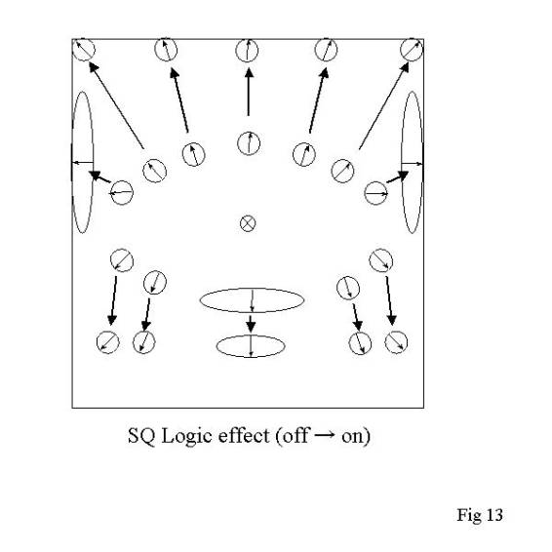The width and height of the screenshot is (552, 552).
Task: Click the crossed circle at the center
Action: pyautogui.click(x=248, y=223)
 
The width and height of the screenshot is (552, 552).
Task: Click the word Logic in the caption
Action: pyautogui.click(x=187, y=437)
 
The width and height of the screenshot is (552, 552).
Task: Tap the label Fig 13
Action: pyautogui.click(x=480, y=515)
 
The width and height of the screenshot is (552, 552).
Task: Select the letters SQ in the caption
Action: pyautogui.click(x=141, y=436)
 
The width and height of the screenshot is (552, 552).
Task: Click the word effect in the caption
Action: pyautogui.click(x=244, y=435)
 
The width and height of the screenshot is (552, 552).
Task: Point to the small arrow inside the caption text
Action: pyautogui.click(x=324, y=435)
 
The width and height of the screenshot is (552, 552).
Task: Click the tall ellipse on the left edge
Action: pyautogui.click(x=73, y=162)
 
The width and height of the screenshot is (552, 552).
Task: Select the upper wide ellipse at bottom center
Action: pyautogui.click(x=200, y=300)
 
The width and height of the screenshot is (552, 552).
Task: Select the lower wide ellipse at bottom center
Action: pyautogui.click(x=217, y=346)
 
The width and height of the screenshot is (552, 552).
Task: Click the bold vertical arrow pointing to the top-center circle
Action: pyautogui.click(x=249, y=92)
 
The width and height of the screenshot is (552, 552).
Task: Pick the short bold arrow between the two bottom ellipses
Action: pyautogui.click(x=251, y=324)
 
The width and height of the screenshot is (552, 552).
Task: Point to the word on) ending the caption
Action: pyautogui.click(x=356, y=437)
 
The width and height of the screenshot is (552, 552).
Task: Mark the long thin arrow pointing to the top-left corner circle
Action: pyautogui.click(x=116, y=105)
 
